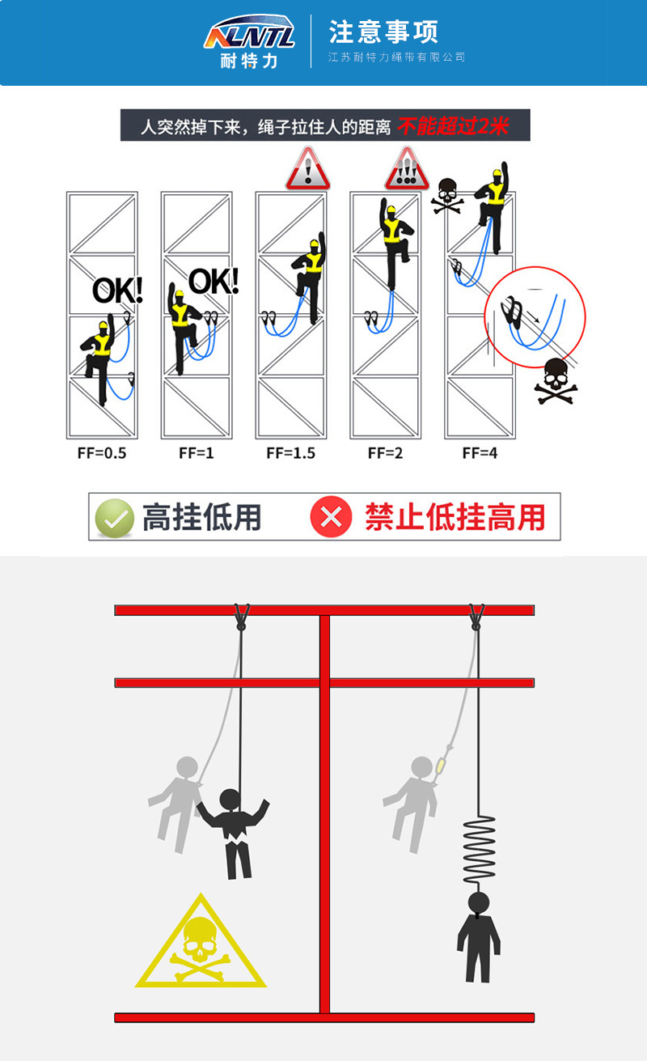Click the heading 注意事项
coord(383,32)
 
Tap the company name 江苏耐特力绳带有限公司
coord(397,57)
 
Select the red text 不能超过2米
coord(452,126)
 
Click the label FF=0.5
coord(101,453)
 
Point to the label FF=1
coord(197,453)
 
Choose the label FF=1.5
coord(290,453)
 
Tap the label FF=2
coord(385,453)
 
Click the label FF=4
coord(480,453)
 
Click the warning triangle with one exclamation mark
coord(308,168)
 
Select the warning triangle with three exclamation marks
coord(406,168)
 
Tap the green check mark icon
coord(115,518)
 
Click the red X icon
coord(331,517)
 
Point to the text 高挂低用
coord(201,517)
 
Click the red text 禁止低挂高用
coord(455,517)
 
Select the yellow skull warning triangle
coord(201,944)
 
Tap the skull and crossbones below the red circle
coord(555,381)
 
